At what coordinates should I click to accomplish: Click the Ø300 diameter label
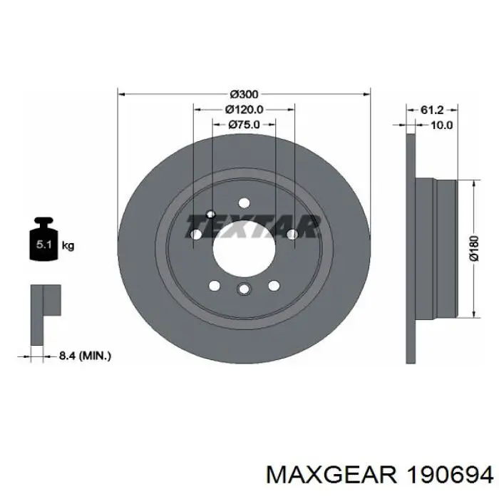tap(244, 93)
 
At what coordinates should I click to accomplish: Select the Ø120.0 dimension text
tap(244, 110)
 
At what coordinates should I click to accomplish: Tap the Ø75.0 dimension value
tap(244, 125)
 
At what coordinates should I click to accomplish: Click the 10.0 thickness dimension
tap(442, 125)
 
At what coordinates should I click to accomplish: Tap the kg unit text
tap(68, 246)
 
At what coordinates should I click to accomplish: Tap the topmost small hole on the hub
tap(243, 202)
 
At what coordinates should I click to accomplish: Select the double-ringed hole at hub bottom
tap(243, 289)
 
